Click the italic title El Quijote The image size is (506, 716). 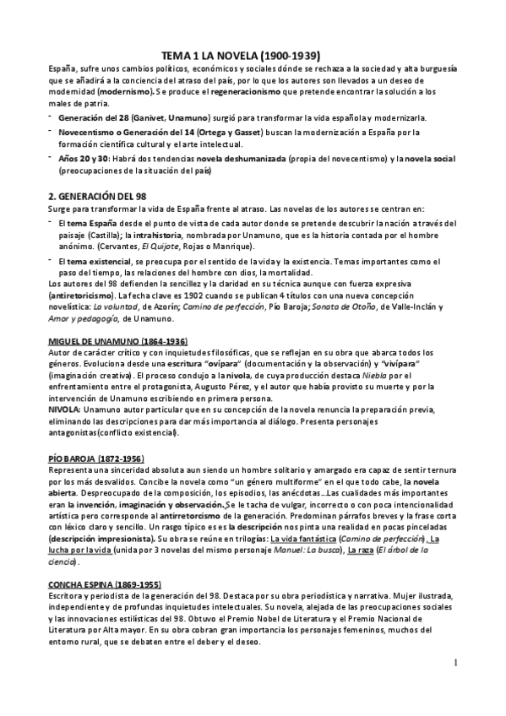189,246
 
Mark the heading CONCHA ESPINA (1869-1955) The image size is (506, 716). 104,583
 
